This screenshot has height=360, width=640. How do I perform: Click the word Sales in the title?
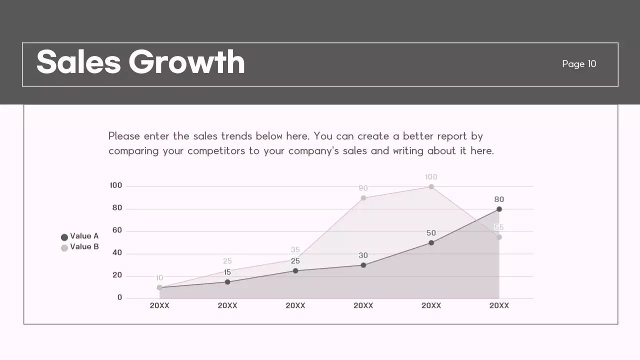[x=78, y=62]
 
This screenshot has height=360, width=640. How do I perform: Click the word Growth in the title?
[x=186, y=62]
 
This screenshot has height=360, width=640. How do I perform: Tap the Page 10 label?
[x=579, y=64]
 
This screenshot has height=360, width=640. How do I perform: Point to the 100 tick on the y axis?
[x=116, y=185]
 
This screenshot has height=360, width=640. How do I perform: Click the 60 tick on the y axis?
[x=117, y=230]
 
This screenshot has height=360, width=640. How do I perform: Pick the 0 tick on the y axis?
[x=119, y=297]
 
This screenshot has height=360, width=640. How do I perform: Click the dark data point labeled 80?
[x=499, y=209]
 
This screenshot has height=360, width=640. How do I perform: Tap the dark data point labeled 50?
[x=431, y=243]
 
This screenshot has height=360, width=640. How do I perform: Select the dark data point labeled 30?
[x=363, y=265]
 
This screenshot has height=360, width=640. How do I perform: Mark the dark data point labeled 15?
[x=227, y=282]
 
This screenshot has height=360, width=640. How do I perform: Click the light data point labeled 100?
[x=431, y=187]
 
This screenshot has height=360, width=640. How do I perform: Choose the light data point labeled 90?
[x=363, y=198]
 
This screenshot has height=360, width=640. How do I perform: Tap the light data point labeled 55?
[x=499, y=237]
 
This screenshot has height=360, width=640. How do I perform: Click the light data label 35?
[x=295, y=250]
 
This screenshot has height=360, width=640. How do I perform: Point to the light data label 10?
[x=159, y=278]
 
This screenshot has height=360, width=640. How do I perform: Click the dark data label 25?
[x=295, y=261]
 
